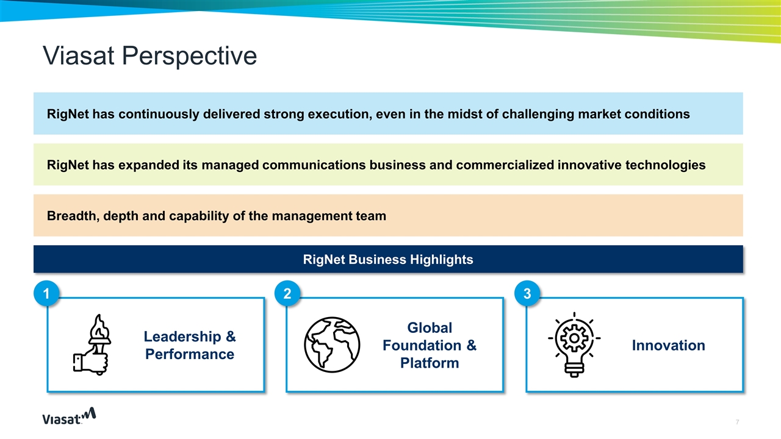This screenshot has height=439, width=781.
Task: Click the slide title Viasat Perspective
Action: pos(149,56)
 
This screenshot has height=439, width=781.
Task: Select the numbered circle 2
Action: pos(287,294)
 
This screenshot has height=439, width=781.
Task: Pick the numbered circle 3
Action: pos(527,294)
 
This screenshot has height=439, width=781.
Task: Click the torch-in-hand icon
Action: pos(91,344)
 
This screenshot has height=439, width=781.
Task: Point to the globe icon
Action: pos(332,344)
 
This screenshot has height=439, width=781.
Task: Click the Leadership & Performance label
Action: pos(189,345)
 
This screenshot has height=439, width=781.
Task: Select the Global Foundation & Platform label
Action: pos(429,345)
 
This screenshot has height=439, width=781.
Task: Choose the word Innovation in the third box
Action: pos(668,346)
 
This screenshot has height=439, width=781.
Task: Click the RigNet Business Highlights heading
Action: pos(388,260)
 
